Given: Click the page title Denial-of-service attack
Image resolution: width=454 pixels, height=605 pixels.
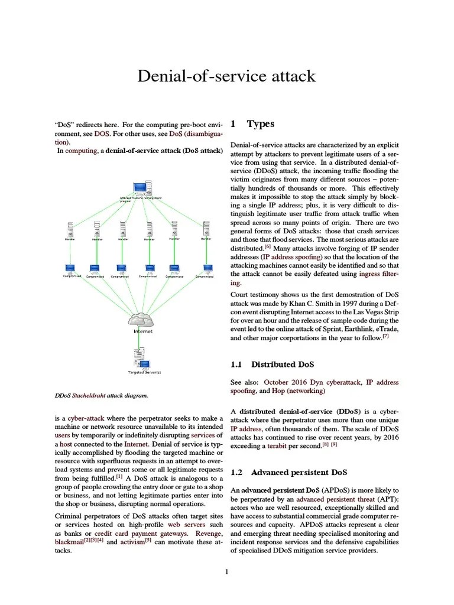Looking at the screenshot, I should pos(226,76).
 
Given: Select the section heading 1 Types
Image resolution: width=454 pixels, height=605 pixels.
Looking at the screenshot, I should pos(252,124).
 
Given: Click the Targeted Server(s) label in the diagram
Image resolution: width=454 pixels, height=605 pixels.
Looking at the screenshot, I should pos(144,372).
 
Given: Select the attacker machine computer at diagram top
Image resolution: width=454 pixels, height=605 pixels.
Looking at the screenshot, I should pos(141,188).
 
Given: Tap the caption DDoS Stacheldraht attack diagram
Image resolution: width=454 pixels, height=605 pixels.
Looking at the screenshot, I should pos(101,395).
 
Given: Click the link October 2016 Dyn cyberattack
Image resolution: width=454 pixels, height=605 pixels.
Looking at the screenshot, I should pos(312,382).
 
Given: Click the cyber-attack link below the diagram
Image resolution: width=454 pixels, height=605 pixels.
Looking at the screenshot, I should pos(84,418).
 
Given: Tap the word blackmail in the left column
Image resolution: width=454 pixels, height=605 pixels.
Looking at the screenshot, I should pos(69,542).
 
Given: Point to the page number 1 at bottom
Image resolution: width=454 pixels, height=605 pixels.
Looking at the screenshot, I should pos(226,572).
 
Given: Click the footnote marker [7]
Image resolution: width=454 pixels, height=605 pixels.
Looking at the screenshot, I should pos(385,336).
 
